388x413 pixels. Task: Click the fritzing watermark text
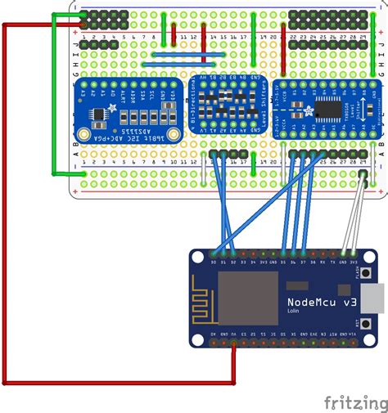point(355,402)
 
